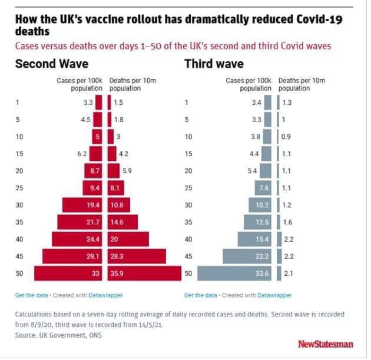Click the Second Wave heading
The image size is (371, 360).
[52, 64]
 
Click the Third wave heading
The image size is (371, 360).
[214, 64]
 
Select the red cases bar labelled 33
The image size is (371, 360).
[68, 273]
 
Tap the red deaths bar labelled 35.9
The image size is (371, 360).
[144, 273]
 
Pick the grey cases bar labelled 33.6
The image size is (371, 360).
[234, 273]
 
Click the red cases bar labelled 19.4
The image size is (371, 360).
[82, 205]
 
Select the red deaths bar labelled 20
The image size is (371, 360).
[128, 239]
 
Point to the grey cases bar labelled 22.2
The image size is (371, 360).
[247, 256]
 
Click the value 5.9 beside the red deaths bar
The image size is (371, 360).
[127, 171]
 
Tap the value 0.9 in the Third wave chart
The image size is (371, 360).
[286, 137]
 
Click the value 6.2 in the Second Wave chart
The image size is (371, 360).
[82, 154]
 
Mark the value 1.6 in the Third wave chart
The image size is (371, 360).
[287, 222]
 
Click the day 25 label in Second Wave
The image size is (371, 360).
[19, 188]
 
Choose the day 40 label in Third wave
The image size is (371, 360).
[188, 239]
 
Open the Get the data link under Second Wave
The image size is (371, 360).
[31, 295]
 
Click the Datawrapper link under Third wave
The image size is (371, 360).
[274, 295]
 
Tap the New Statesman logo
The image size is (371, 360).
[326, 344]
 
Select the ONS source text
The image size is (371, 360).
[95, 335]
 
